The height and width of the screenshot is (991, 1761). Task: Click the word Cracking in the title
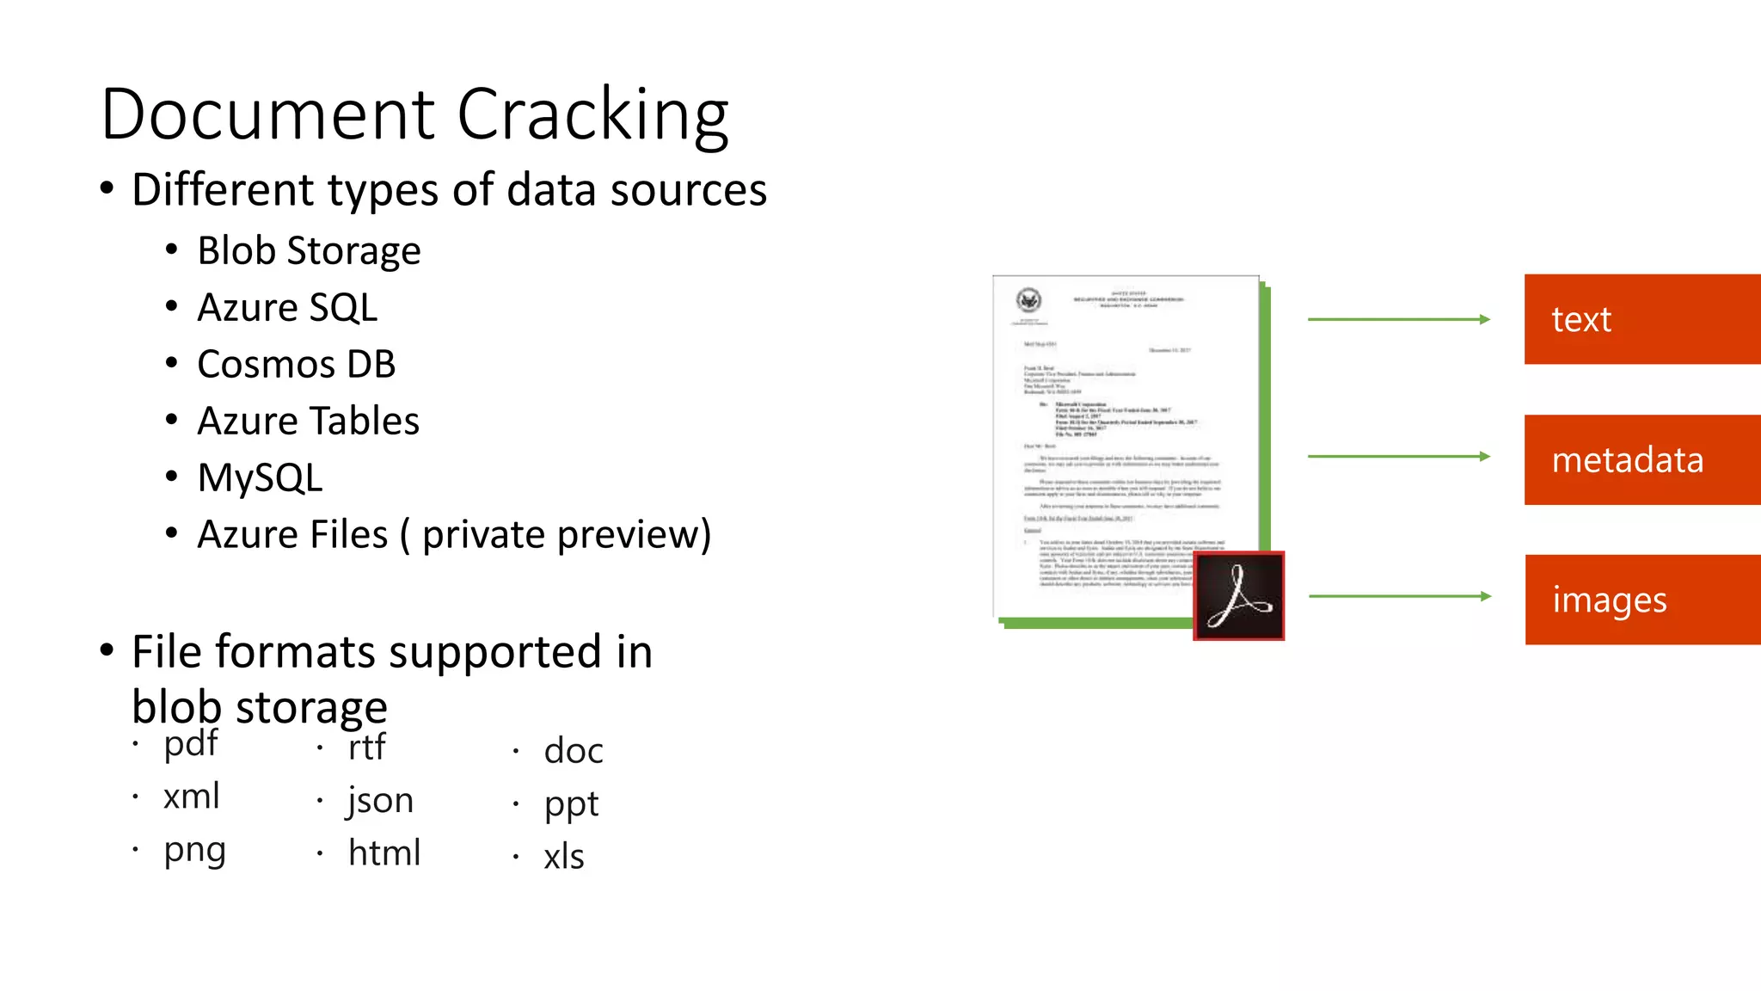click(x=592, y=114)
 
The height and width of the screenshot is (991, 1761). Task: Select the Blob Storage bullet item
click(x=309, y=251)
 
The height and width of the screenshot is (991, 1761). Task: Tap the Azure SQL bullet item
click(x=287, y=308)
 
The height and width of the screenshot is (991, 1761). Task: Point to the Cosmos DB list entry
click(x=296, y=365)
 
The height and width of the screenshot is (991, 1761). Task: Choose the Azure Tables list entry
click(x=308, y=422)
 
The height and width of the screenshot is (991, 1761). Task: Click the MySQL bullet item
click(x=260, y=478)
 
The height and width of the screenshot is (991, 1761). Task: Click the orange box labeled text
click(x=1641, y=319)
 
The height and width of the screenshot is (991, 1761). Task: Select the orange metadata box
click(x=1641, y=460)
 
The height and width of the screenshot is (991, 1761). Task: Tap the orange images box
click(x=1641, y=600)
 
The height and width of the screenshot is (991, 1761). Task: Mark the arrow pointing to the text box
click(x=1398, y=319)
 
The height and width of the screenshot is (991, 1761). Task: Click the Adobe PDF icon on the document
click(x=1238, y=596)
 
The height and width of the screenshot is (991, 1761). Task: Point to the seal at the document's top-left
click(x=1028, y=300)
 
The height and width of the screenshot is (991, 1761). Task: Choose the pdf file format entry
click(x=191, y=744)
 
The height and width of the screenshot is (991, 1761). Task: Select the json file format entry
click(x=380, y=801)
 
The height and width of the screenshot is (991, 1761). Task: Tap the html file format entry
click(x=383, y=853)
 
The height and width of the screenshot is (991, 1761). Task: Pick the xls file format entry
click(x=563, y=857)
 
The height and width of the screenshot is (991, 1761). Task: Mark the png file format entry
click(x=194, y=851)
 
